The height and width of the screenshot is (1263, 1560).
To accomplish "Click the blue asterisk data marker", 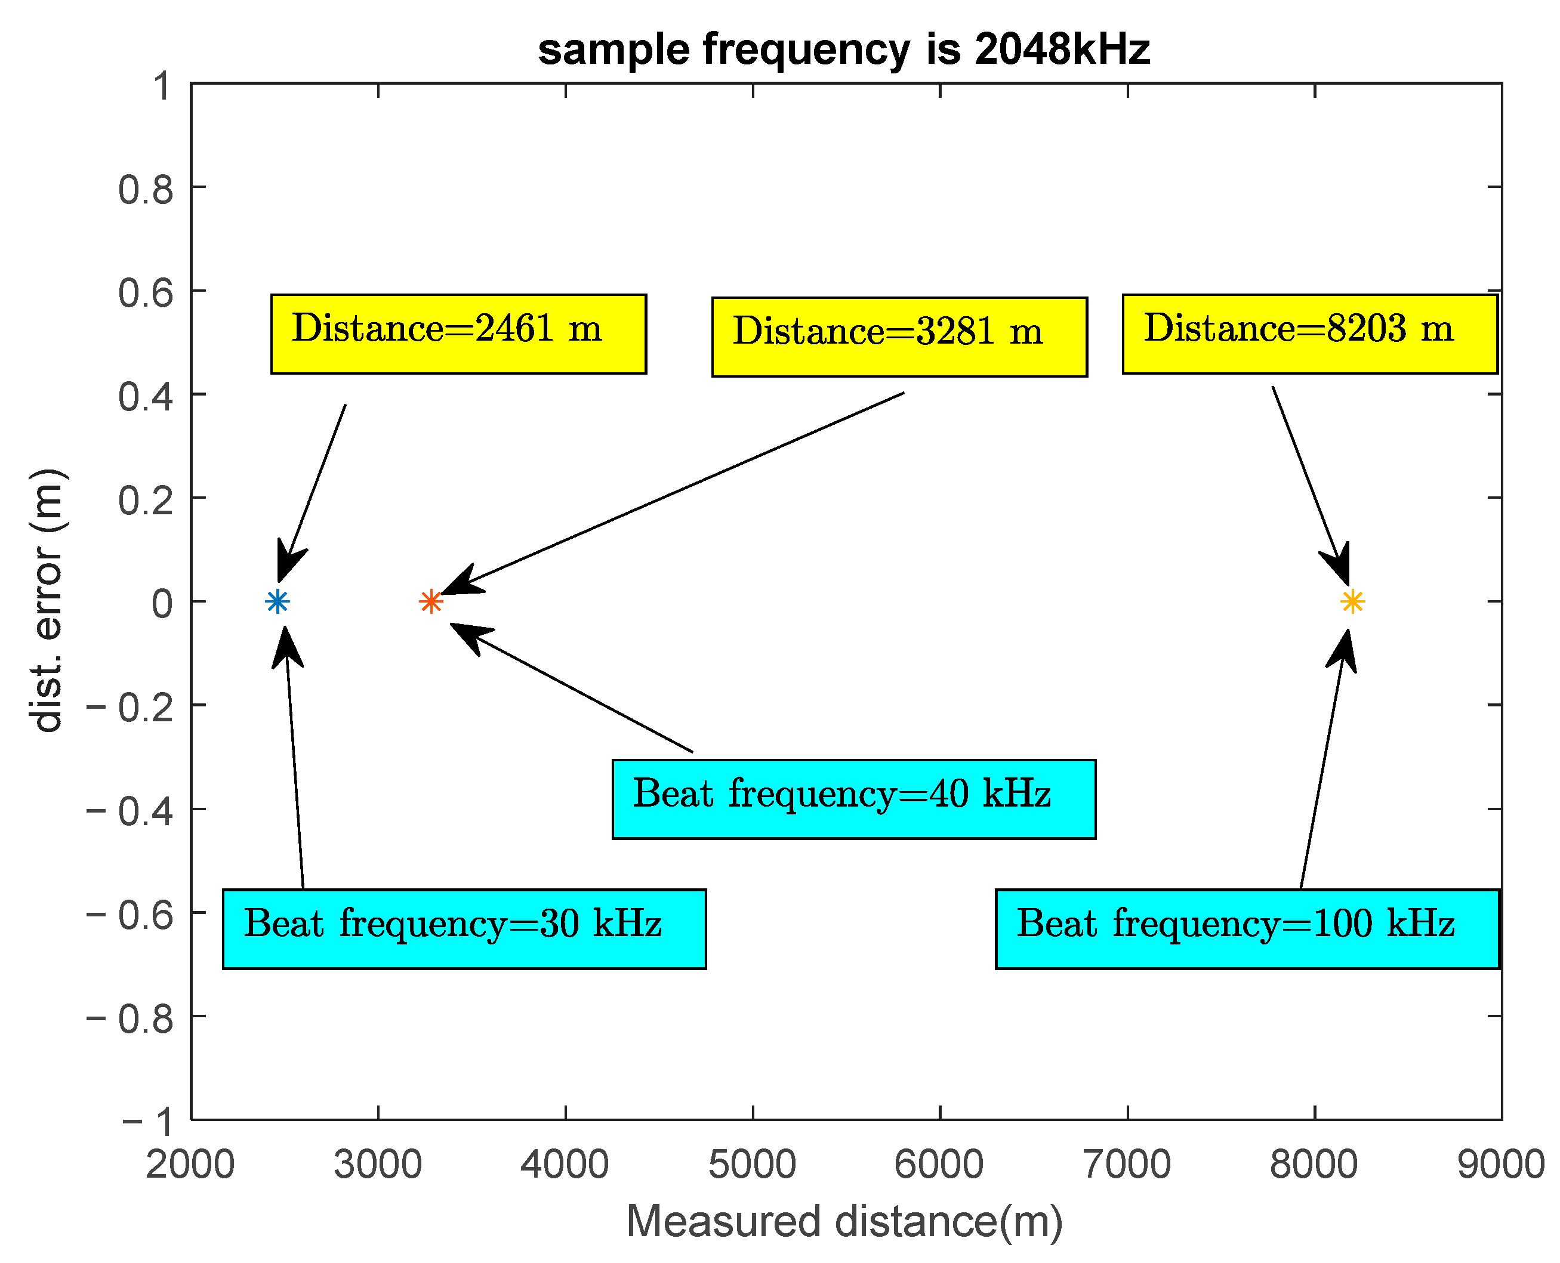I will coord(278,602).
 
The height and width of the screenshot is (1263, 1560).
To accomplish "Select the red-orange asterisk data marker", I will coord(431,602).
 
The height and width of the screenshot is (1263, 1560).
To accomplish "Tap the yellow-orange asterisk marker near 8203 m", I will coord(1352,602).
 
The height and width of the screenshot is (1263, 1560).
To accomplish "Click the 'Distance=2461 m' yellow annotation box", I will coord(458,334).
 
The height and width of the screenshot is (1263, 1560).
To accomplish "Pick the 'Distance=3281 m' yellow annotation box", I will coord(899,337).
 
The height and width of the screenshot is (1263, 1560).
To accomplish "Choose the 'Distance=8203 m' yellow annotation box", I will coord(1310,334).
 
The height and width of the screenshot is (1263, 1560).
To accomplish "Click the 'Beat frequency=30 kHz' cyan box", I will coord(464,929).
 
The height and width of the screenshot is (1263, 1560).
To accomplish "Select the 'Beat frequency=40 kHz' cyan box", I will coord(853,799).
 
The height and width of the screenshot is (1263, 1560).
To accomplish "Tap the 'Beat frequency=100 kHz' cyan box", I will coord(1247,929).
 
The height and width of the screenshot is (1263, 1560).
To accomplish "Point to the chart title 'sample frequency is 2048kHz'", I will coord(844,50).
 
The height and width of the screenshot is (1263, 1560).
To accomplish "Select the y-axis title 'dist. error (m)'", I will coord(47,601).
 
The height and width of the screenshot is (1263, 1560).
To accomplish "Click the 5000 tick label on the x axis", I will coord(753,1164).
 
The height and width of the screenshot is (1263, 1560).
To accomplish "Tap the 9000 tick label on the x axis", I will coord(1500,1164).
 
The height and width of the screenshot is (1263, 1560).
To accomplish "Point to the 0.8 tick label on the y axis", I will coord(146,190).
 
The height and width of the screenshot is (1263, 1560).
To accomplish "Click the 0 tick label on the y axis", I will coord(162,604).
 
